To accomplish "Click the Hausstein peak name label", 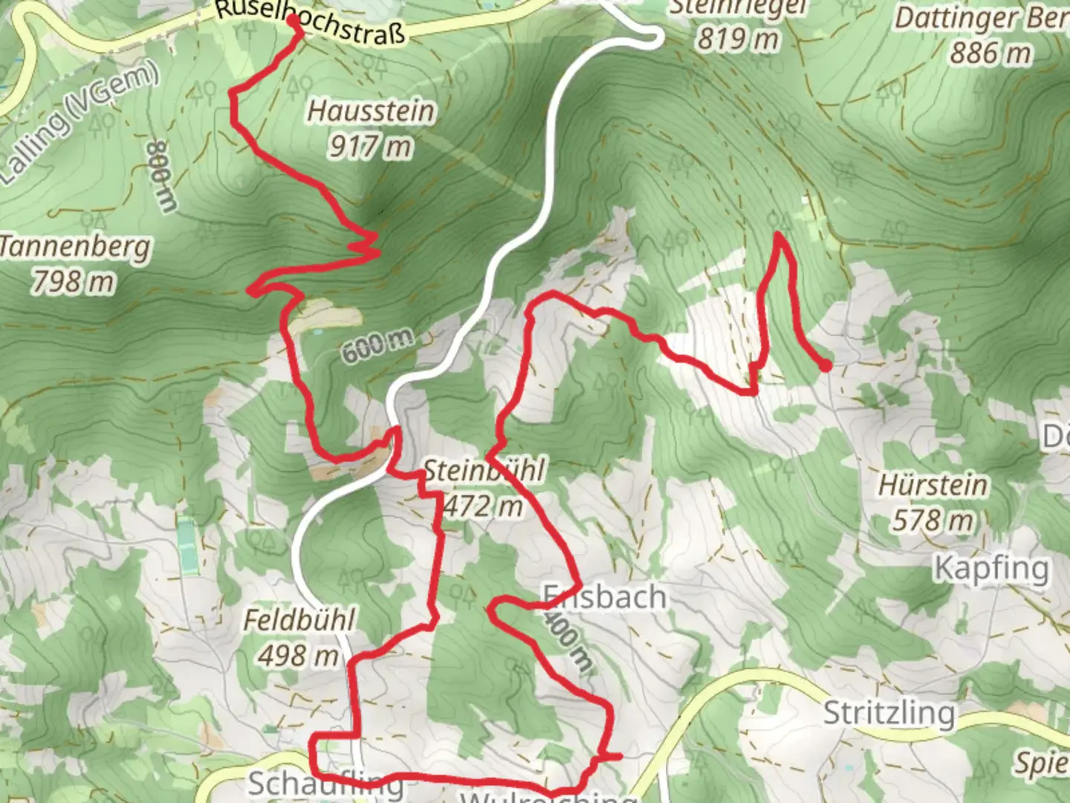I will point(371,112).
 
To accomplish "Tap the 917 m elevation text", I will point(369,146).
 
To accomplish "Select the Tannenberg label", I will point(74,246).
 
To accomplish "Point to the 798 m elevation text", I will point(73,282).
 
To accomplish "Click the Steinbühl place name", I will point(484,470).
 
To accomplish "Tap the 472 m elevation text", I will point(484,506).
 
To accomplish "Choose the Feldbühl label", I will point(299,619).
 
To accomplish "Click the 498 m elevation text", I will point(298,655).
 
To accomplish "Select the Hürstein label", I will point(933,485).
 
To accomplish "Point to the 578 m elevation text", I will point(933,520).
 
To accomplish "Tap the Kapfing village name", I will point(991,569).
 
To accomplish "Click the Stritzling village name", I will point(889,713).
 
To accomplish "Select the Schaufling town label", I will point(325,784).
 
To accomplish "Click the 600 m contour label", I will point(377,346).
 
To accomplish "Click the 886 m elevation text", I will point(990,53).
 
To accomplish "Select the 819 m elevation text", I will point(738,38).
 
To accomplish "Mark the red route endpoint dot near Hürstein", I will point(825,365).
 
